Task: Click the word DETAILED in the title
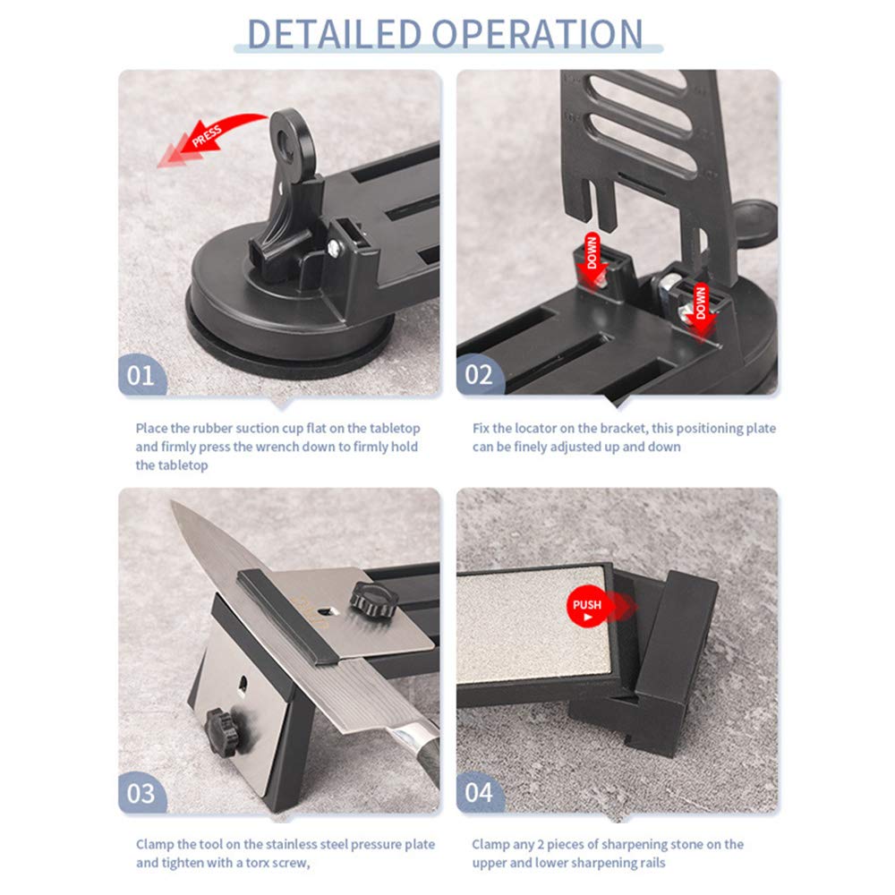click(x=333, y=34)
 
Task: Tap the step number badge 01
click(x=141, y=374)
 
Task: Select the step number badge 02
click(x=479, y=374)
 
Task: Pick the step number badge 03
click(x=141, y=793)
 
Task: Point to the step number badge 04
click(x=479, y=793)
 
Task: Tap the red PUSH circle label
click(x=587, y=609)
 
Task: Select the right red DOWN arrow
click(x=700, y=301)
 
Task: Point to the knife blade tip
click(x=175, y=506)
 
